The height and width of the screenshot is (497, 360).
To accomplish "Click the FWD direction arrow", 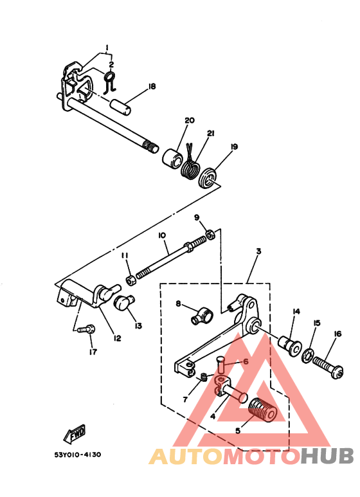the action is click(x=75, y=433).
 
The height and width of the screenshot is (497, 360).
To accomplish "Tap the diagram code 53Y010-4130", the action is click(x=78, y=455).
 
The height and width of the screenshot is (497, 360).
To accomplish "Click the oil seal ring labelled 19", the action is click(x=208, y=178).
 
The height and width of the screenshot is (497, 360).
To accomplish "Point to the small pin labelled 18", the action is click(x=121, y=106).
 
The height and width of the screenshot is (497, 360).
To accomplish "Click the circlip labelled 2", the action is click(x=110, y=82).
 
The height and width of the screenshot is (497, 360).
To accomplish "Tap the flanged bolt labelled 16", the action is click(x=328, y=367).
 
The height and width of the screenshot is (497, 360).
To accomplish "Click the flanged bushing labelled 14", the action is click(x=290, y=346).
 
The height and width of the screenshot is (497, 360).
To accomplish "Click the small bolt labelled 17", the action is click(x=86, y=329).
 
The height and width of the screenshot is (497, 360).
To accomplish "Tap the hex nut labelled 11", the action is click(x=131, y=280).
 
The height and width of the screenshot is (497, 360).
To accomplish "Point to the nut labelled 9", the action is click(x=210, y=234).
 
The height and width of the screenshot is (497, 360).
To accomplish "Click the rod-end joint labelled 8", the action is click(x=203, y=317).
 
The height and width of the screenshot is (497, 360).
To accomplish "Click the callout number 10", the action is click(x=161, y=235).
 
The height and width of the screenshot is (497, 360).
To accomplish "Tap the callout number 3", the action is click(x=258, y=251).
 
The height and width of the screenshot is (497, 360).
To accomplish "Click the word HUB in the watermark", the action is click(x=327, y=456).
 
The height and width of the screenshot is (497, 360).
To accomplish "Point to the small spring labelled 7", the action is click(x=204, y=377).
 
